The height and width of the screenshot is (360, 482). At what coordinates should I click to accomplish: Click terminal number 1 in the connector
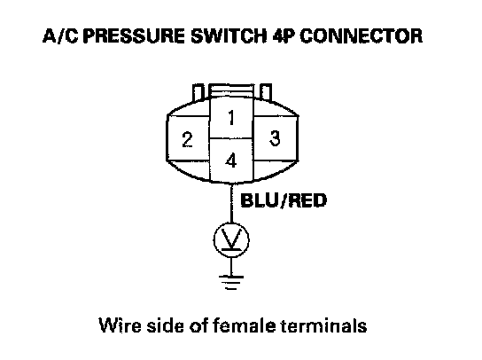point(231,118)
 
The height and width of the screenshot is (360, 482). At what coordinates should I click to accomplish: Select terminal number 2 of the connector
point(188,138)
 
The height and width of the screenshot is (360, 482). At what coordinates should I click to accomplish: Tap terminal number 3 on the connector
point(275,137)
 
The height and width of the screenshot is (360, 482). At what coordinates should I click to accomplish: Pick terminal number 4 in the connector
point(231,160)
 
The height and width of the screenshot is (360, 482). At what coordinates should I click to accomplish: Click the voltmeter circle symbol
point(231,240)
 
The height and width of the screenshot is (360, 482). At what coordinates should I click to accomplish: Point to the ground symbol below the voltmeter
point(231,282)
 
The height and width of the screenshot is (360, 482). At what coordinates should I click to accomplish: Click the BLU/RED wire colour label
point(284,200)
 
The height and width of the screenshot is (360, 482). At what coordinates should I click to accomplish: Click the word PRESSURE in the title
point(134,36)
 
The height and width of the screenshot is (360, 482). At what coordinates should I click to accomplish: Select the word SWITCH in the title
point(229,36)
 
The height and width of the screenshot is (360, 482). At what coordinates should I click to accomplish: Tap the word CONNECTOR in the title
point(361,36)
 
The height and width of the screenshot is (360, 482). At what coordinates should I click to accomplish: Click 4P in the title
point(284,36)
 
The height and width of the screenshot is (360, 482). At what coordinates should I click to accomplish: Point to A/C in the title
point(60,36)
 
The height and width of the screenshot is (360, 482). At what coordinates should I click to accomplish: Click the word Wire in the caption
point(120,325)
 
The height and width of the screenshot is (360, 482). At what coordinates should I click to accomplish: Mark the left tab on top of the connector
point(198,91)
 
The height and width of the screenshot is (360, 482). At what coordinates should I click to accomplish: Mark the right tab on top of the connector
point(266,91)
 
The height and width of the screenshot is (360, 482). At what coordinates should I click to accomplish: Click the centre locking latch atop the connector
point(231,90)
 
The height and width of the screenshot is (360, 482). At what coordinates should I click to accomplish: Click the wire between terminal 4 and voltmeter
point(231,202)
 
